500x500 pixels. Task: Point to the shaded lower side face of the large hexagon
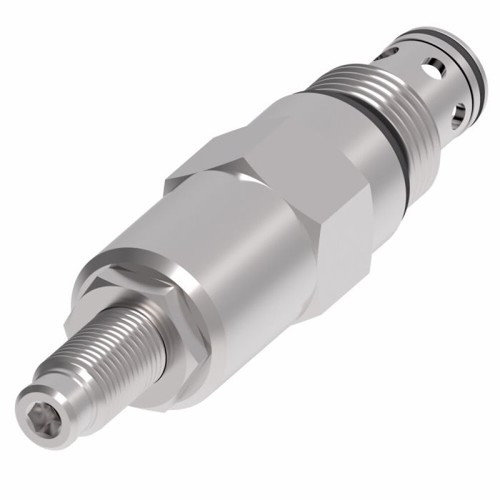pos(343,236)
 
